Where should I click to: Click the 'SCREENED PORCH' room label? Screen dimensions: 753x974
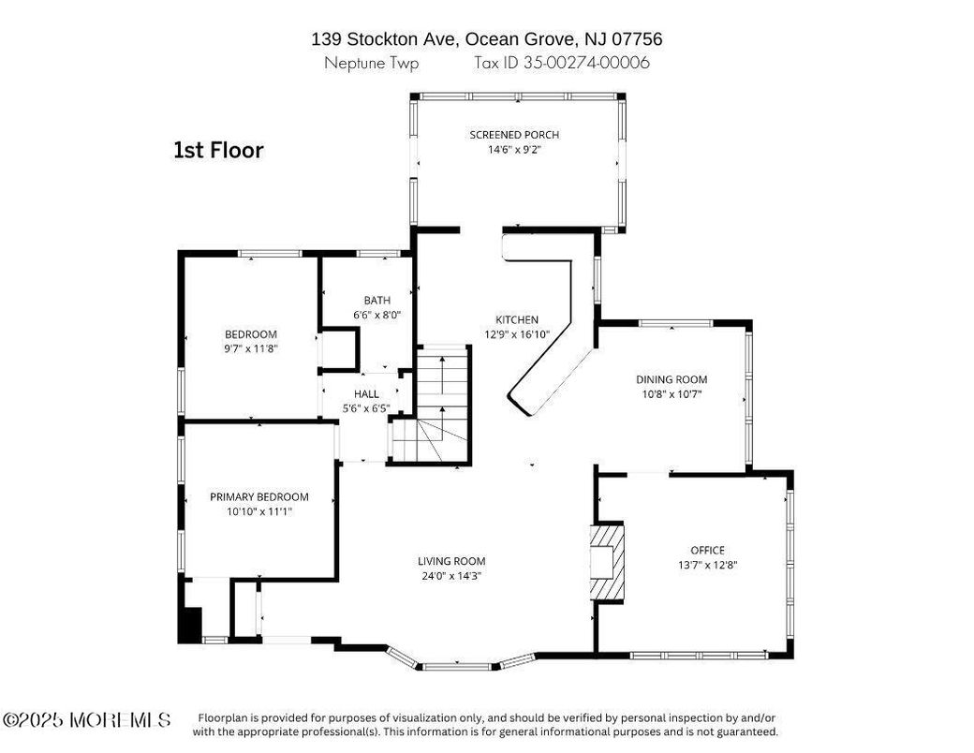coord(514,135)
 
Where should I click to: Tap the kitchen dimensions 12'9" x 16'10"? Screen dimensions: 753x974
coord(515,333)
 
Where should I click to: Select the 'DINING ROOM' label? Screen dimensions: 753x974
coord(671,379)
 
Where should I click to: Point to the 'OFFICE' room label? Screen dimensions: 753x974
coord(707,550)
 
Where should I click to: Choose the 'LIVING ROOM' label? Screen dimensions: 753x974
coord(451,561)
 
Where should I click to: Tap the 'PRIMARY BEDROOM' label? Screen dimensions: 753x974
coord(258,496)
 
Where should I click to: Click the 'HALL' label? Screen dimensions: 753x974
coord(366,394)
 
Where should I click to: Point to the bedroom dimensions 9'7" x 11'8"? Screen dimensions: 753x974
coord(251,348)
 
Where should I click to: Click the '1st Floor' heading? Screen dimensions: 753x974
coord(218,150)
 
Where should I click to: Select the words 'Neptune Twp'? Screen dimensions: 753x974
coord(372,64)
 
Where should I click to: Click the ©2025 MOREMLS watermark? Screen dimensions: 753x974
coord(86,720)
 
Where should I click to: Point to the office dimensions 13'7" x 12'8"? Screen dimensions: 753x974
coord(707,565)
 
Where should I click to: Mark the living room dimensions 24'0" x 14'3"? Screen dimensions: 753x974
coord(451,576)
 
